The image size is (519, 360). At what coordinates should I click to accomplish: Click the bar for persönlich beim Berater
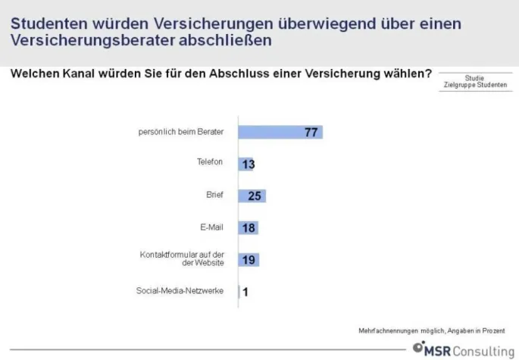[280, 132]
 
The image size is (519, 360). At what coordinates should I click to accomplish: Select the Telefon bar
[245, 164]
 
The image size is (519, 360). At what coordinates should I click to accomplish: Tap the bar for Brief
[252, 196]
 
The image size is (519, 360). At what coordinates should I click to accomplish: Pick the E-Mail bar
[249, 227]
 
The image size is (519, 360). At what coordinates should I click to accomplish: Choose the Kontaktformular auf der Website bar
[249, 259]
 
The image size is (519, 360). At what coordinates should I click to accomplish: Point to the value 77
[310, 132]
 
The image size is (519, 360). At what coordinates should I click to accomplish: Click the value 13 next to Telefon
[247, 164]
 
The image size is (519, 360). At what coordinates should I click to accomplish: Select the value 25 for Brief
[255, 196]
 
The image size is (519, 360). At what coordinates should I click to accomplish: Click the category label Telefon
[211, 162]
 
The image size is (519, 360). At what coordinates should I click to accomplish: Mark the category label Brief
[214, 194]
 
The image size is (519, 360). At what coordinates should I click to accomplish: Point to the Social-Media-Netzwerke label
[180, 290]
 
